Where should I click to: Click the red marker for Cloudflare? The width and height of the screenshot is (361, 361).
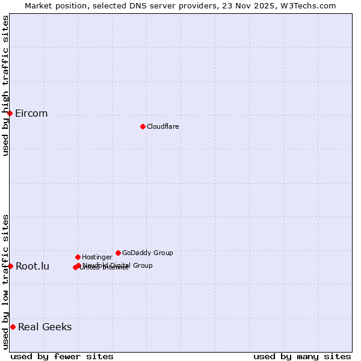[143, 126]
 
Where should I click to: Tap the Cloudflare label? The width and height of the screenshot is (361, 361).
[162, 126]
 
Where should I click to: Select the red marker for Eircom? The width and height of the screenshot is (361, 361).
[10, 113]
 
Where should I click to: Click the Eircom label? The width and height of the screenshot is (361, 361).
[31, 114]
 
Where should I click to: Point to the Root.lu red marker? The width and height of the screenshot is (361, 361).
[10, 266]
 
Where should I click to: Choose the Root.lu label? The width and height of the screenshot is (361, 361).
[32, 267]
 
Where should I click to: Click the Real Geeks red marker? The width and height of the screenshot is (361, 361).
[13, 327]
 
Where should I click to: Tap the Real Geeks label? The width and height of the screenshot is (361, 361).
[45, 327]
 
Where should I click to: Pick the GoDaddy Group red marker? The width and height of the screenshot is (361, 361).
[118, 253]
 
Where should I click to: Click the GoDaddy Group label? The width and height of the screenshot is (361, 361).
[147, 253]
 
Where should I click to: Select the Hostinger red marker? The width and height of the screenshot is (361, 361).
[78, 257]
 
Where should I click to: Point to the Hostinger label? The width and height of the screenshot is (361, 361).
[97, 257]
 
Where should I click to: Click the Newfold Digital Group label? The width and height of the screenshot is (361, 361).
[119, 265]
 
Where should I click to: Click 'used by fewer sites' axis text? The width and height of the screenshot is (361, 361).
[62, 356]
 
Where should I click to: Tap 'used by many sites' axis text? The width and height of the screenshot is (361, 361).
[302, 356]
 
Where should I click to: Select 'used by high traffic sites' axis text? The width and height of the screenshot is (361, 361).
[5, 85]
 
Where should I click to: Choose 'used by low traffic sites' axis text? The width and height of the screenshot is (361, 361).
[5, 281]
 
